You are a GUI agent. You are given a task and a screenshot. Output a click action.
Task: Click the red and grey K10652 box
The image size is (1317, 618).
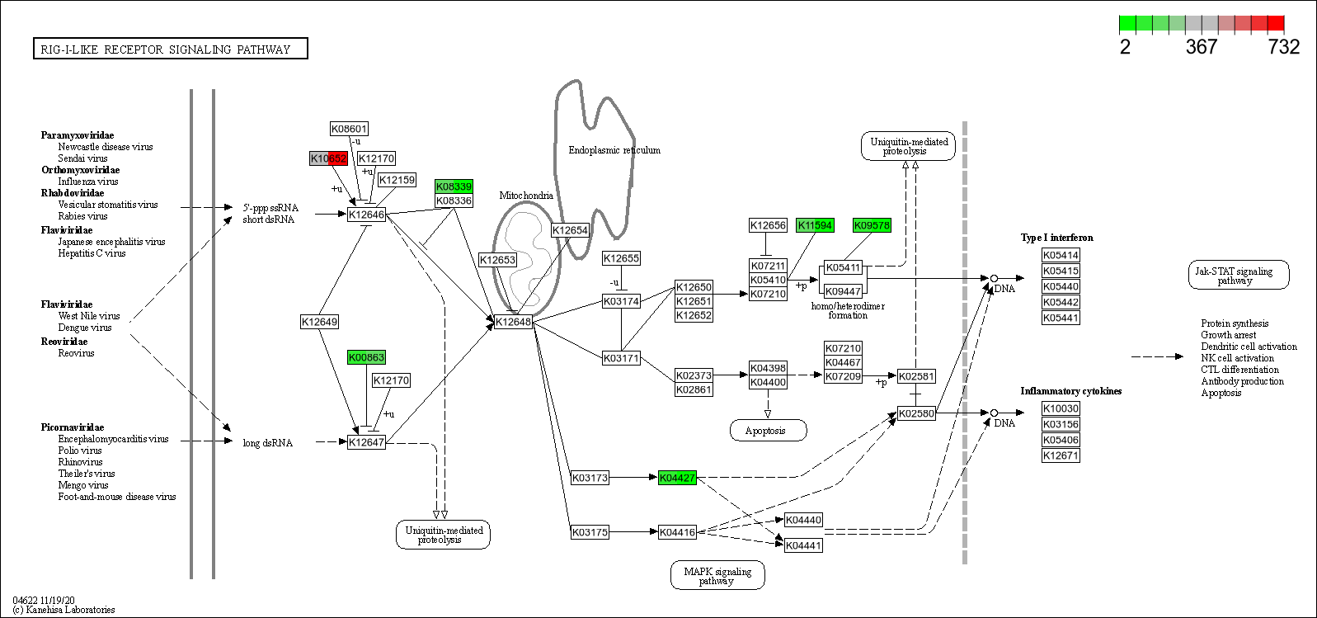[x=329, y=158]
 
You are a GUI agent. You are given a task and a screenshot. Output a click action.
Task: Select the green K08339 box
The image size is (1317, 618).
[x=454, y=186]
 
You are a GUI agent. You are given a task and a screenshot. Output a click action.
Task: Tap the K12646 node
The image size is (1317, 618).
[x=366, y=215]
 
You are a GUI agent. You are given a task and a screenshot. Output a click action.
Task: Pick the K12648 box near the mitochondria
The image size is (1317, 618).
[x=513, y=322]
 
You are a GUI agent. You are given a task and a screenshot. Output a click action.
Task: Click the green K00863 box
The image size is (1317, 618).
[x=366, y=357]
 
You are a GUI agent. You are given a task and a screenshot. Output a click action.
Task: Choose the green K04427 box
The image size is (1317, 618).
[x=677, y=478]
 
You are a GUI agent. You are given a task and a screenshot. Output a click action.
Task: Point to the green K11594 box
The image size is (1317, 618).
[x=815, y=225]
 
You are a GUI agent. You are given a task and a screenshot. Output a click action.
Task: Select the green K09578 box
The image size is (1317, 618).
[x=872, y=225]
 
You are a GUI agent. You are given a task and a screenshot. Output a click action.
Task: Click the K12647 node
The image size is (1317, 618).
[x=366, y=442]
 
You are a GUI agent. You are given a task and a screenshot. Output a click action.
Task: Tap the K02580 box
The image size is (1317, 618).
[x=916, y=413]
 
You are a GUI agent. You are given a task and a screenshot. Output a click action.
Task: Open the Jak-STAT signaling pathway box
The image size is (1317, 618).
[x=1238, y=276]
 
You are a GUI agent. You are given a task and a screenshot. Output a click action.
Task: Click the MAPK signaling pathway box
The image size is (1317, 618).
[x=717, y=576]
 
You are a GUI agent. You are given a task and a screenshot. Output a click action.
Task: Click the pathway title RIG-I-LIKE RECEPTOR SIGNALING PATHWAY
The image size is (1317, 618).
[x=170, y=50]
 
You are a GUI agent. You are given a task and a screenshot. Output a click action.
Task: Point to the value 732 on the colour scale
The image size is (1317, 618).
[x=1283, y=47]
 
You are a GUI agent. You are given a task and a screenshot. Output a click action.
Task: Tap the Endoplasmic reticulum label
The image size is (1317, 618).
[x=614, y=150]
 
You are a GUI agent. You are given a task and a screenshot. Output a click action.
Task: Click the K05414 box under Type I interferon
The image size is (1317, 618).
[x=1061, y=256]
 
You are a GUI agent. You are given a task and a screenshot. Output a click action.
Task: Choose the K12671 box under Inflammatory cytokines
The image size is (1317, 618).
[x=1061, y=455]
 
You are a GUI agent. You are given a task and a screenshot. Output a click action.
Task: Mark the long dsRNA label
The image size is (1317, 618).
[x=267, y=443]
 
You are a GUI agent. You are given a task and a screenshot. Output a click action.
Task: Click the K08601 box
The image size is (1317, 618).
[x=349, y=129]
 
